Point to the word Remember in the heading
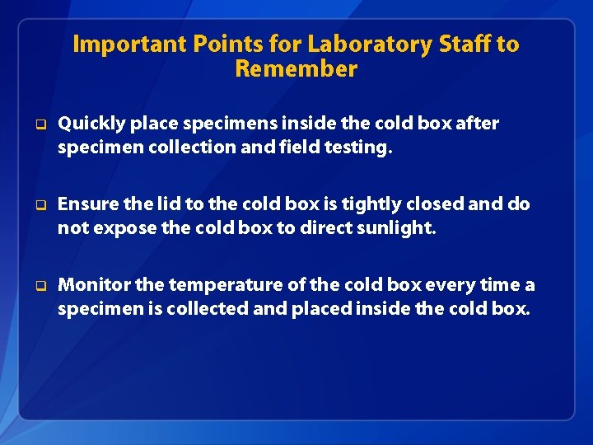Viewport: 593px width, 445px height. [296, 69]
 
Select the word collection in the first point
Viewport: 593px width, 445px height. [171, 148]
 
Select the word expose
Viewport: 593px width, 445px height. [122, 228]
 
